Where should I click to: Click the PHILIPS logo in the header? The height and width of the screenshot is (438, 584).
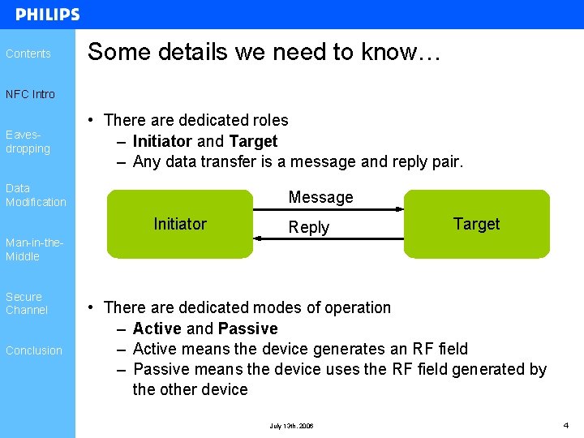[48, 15]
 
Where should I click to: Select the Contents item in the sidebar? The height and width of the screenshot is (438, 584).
[28, 54]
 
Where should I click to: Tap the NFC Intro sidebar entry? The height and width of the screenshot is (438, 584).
[30, 94]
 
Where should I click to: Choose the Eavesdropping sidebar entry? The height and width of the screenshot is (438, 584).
[28, 142]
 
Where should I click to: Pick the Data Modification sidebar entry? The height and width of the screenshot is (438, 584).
[36, 195]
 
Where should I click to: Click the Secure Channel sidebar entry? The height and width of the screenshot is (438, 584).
[27, 303]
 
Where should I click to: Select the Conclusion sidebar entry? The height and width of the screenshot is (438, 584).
[33, 350]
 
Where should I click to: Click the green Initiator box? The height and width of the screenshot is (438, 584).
[179, 224]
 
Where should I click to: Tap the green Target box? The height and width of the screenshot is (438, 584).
[476, 224]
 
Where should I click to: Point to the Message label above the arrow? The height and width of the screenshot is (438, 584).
[320, 197]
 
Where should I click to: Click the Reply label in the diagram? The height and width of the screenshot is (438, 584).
[309, 227]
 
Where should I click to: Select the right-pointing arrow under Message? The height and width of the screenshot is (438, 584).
[328, 210]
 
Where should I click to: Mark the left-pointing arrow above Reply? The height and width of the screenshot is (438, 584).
[328, 238]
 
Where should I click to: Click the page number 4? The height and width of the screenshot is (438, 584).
[566, 425]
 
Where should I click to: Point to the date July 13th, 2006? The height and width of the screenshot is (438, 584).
[291, 426]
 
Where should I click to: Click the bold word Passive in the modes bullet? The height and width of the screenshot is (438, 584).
[247, 328]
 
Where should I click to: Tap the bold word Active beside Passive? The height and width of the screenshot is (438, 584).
[157, 328]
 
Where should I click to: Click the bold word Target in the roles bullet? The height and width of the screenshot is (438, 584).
[253, 141]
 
